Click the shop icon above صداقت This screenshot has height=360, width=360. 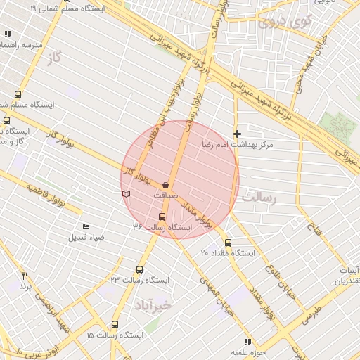(x=165, y=185)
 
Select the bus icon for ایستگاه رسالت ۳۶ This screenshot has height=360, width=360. (x=162, y=217)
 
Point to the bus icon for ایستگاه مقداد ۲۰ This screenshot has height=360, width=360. (x=227, y=243)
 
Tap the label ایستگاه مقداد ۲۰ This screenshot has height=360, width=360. (x=227, y=253)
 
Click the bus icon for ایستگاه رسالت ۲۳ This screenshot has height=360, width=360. (x=139, y=269)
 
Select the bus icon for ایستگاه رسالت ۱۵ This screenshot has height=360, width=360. (x=115, y=325)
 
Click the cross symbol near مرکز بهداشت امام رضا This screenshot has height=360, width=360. (x=238, y=133)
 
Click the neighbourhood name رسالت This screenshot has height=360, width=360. (x=259, y=199)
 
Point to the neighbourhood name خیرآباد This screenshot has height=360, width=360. (x=151, y=306)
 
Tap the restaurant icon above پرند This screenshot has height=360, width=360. (x=25, y=276)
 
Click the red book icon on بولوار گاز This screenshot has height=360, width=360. (x=126, y=192)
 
